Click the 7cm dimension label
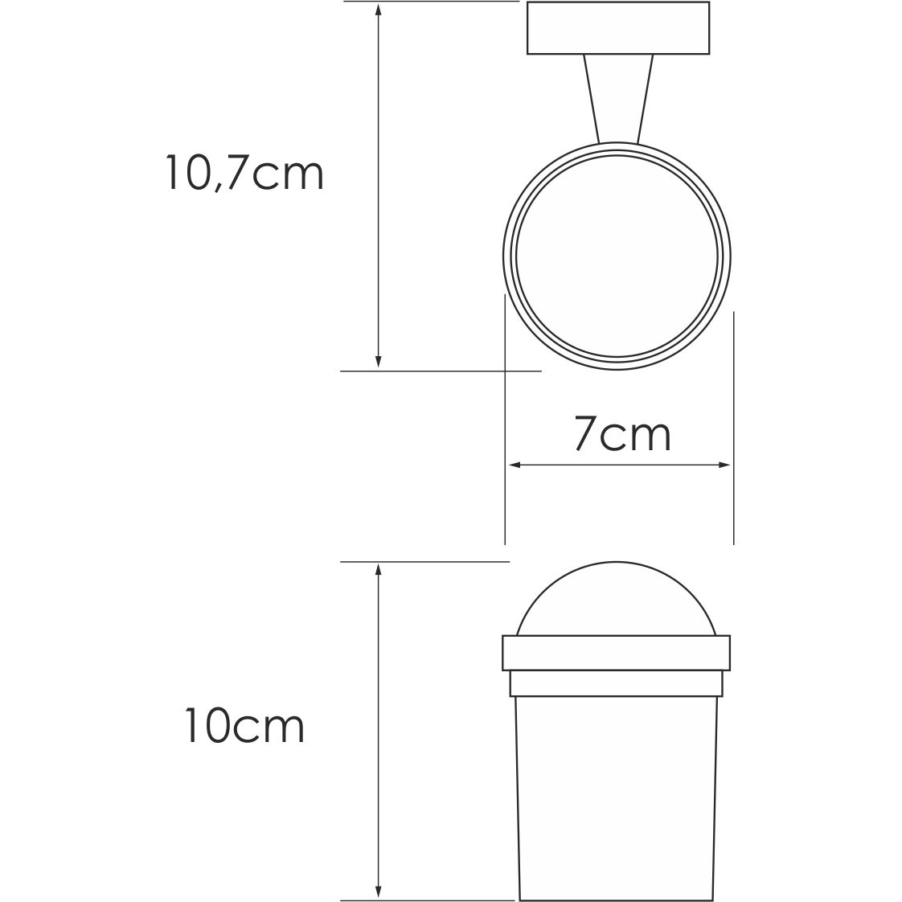pyautogui.click(x=622, y=435)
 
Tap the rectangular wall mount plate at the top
pyautogui.click(x=618, y=28)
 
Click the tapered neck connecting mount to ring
pyautogui.click(x=617, y=98)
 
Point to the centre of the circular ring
pyautogui.click(x=617, y=256)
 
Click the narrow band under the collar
pyautogui.click(x=616, y=683)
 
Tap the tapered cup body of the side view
pyautogui.click(x=616, y=780)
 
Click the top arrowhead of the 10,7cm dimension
pyautogui.click(x=378, y=8)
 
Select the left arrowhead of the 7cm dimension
pyautogui.click(x=511, y=465)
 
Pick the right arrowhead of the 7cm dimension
pyautogui.click(x=726, y=465)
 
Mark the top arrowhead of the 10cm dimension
pyautogui.click(x=378, y=569)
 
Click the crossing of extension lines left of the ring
pyautogui.click(x=504, y=371)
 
